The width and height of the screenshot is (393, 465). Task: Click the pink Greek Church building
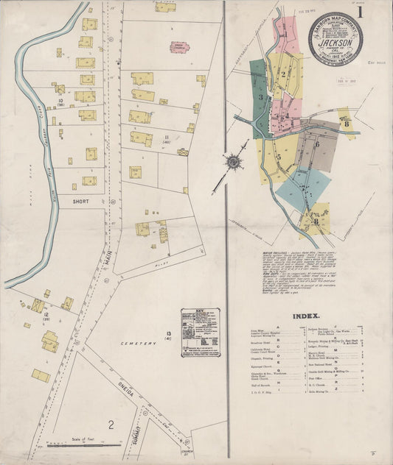click(x=178, y=48)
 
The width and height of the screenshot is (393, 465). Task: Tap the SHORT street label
click(x=81, y=199)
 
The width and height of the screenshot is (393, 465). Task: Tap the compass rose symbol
click(x=234, y=160)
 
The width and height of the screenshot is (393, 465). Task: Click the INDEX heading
click(x=305, y=316)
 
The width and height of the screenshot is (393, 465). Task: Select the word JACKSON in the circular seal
click(x=335, y=43)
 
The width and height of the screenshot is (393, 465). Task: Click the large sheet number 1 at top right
click(x=360, y=13)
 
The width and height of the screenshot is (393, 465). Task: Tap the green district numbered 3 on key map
click(x=260, y=96)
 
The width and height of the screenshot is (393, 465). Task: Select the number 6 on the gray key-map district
click(x=317, y=144)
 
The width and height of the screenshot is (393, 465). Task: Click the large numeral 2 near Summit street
click(x=111, y=424)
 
